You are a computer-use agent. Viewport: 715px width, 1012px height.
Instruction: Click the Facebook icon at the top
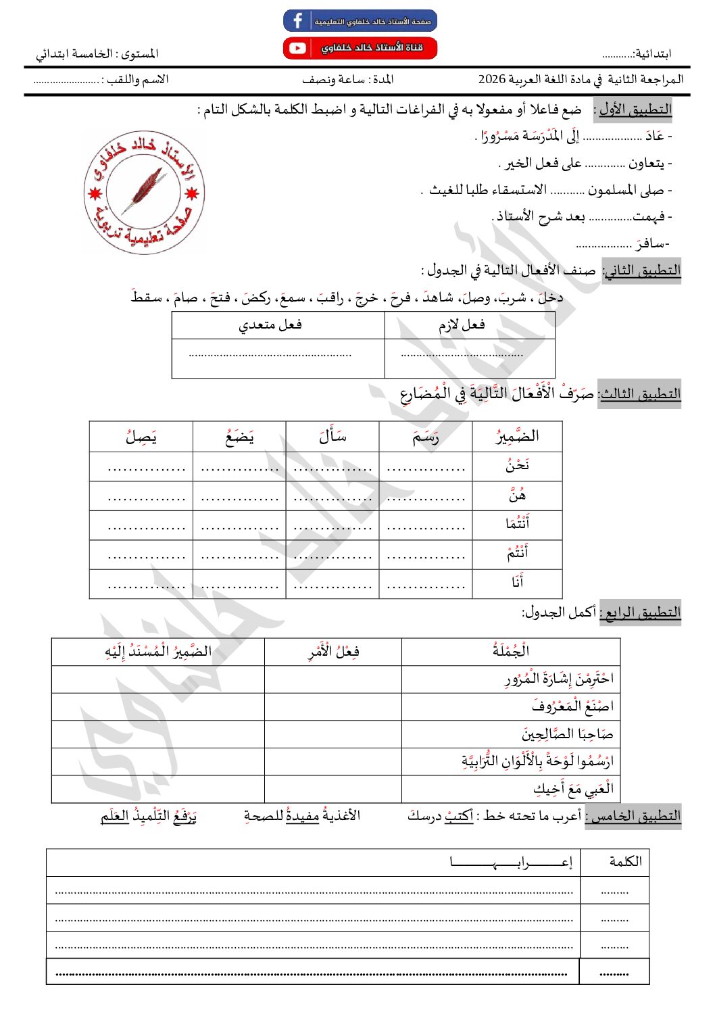coord(297,20)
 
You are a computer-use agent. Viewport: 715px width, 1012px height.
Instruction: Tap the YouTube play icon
coord(297,48)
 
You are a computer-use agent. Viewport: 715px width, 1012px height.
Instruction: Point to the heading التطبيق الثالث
coord(640,393)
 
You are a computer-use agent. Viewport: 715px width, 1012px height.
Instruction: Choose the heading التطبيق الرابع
coord(642,612)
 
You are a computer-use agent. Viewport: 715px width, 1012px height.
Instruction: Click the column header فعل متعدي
coord(270,325)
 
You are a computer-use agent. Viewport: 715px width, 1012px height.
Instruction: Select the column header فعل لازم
coord(462,325)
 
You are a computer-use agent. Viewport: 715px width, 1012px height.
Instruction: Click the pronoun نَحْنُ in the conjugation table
coord(518,465)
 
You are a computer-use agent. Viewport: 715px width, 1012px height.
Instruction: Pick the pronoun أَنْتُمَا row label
coord(518,524)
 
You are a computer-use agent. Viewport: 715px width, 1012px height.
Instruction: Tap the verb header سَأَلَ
coord(332,437)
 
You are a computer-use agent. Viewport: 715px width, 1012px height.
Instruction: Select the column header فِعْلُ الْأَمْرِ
coord(334,652)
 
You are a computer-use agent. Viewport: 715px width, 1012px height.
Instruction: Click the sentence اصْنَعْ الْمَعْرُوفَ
coord(572,706)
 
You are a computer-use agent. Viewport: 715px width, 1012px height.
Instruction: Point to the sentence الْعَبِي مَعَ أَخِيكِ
coord(573,788)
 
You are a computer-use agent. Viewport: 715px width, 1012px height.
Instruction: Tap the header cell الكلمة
coord(625,862)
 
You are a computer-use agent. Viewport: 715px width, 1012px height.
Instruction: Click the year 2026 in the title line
coord(492,80)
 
